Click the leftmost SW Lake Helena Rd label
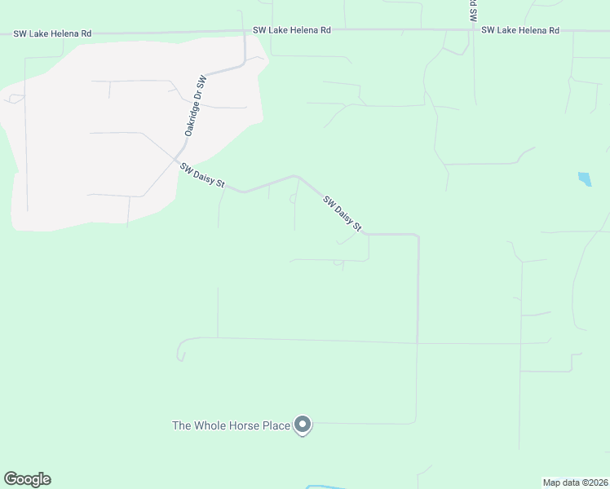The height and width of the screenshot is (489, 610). (52, 33)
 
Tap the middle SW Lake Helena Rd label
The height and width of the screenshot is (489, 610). (292, 30)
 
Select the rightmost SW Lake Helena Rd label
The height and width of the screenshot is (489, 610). (520, 30)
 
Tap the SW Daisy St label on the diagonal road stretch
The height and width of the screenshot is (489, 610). (342, 214)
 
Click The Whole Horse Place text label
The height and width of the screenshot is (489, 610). (231, 425)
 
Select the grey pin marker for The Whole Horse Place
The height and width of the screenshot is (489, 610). (303, 425)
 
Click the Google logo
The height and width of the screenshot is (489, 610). (27, 479)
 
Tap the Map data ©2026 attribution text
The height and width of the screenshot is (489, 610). (575, 482)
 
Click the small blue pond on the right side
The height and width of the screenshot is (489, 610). (584, 178)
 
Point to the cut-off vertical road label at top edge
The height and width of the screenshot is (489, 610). (472, 11)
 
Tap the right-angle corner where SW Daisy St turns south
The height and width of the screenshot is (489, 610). (418, 236)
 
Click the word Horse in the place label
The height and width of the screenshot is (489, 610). (256, 425)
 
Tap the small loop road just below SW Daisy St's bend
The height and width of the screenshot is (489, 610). (293, 198)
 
